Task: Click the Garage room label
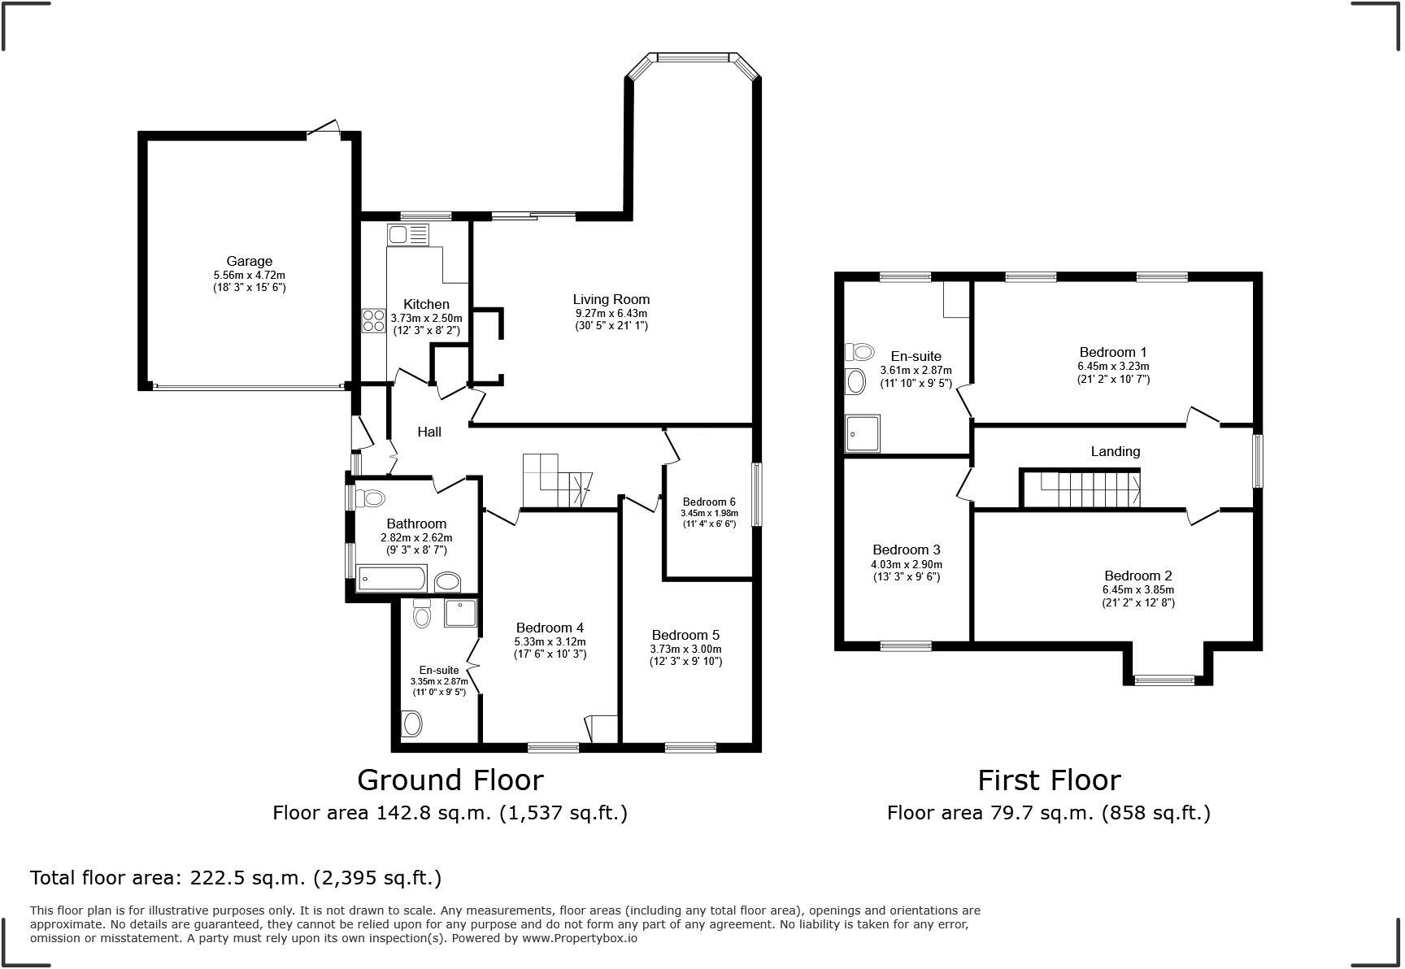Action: pos(249,261)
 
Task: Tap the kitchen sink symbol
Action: pos(407,235)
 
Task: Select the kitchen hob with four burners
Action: pos(374,320)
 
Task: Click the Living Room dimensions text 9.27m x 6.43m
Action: pos(611,313)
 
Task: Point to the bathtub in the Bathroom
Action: pos(392,579)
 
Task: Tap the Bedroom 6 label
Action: pos(709,502)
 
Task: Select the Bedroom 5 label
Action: pos(685,635)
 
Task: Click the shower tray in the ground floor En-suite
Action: pos(460,614)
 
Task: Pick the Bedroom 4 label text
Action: pos(550,628)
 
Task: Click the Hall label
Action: pos(429,432)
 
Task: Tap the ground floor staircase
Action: pos(555,480)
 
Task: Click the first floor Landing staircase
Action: pos(1081,489)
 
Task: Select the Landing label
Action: pos(1115,451)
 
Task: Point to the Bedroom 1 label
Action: pos(1112,352)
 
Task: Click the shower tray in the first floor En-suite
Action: pos(863,433)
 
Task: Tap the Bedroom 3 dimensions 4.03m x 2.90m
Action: pos(906,564)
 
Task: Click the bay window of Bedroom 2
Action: pos(1164,680)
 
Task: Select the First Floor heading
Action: pos(1048,780)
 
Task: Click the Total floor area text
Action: pos(236,878)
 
